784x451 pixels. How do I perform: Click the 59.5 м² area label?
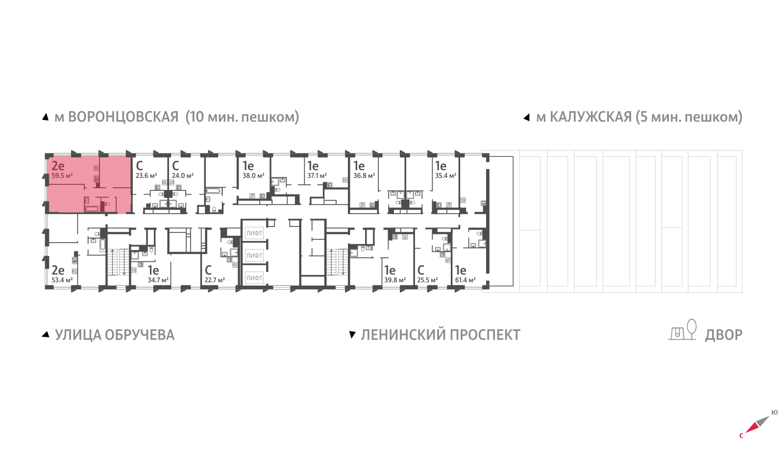(x=62, y=175)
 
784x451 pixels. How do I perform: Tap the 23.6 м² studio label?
(x=146, y=175)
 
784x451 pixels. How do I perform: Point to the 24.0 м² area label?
(x=182, y=175)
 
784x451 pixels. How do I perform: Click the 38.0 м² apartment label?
(x=253, y=175)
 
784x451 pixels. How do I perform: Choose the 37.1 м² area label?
(x=317, y=175)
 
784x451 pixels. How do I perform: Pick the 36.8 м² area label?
(x=364, y=175)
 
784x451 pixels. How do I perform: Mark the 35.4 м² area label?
(x=445, y=175)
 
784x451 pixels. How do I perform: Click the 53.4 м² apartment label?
(x=62, y=280)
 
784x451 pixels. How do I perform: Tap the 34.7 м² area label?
(x=158, y=280)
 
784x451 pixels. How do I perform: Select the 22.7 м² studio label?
(x=215, y=280)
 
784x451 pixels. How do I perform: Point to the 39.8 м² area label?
(x=395, y=280)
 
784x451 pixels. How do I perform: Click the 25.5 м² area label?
(x=427, y=280)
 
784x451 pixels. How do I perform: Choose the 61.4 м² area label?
(x=465, y=280)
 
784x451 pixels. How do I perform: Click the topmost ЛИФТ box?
(x=254, y=233)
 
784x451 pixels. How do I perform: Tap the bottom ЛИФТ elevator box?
(x=254, y=278)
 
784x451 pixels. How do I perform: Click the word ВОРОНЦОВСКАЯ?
(x=123, y=117)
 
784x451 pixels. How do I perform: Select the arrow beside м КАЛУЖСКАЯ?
(x=527, y=117)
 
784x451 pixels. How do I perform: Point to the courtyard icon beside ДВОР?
(x=683, y=330)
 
